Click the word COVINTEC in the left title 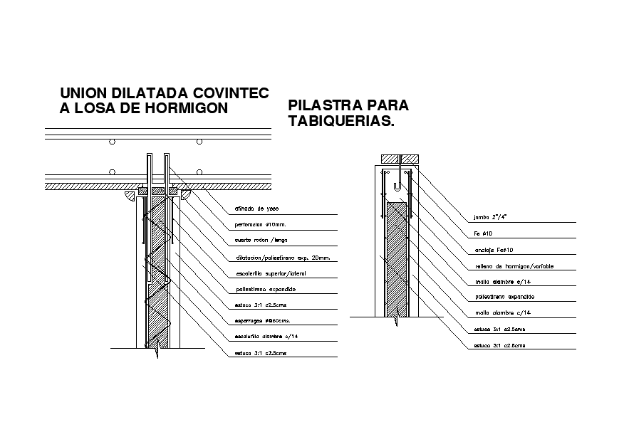[x=232, y=93]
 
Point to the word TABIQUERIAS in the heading [x=340, y=121]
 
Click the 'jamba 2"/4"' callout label [x=493, y=217]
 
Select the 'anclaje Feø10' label [x=494, y=250]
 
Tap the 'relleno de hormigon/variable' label [x=513, y=266]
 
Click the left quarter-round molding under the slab [x=130, y=194]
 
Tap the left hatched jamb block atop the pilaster [x=390, y=158]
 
